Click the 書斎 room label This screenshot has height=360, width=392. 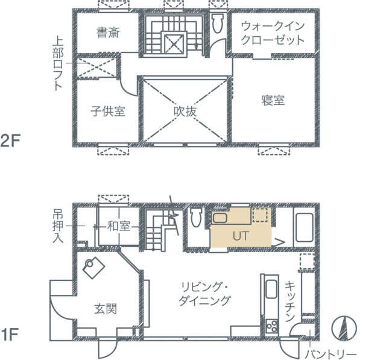pos(108,33)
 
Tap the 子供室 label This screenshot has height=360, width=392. pos(108,111)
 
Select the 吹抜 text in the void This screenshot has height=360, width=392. pos(185,112)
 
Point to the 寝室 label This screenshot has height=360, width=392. pos(273,100)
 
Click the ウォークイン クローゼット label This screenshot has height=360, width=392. pos(273,33)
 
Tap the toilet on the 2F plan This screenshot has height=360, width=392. pos(218,23)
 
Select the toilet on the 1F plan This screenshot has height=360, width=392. pos(196,218)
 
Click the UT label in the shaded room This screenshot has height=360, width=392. pos(241,236)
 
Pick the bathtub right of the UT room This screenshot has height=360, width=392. pos(304,227)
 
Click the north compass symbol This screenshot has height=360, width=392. pos(344,329)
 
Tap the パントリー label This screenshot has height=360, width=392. pos(330,354)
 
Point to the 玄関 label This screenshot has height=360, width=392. pos(106,309)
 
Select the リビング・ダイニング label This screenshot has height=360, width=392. pos(204,294)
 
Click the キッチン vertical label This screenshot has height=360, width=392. pos(290,302)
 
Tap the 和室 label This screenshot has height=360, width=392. pos(119,226)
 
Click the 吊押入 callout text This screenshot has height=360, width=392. pos(58,226)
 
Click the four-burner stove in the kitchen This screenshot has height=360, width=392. pos(272,326)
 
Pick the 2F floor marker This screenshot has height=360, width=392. pos(10,141)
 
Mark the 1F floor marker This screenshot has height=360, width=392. pos(10,335)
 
